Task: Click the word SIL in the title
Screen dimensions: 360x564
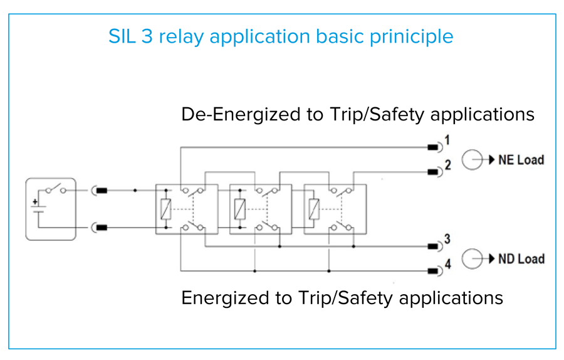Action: point(122,36)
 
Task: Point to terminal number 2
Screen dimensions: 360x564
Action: point(447,166)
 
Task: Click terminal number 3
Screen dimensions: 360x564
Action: point(447,239)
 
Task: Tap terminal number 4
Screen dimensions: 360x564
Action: point(447,265)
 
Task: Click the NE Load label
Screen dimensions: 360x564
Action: point(521,160)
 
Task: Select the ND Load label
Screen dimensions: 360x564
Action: point(521,258)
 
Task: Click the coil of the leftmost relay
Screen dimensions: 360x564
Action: point(165,209)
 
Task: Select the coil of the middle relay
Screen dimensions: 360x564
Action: point(239,209)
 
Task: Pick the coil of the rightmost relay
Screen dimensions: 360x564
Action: point(314,209)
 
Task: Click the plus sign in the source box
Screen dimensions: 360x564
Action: point(36,203)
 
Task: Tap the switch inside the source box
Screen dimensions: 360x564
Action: point(53,188)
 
